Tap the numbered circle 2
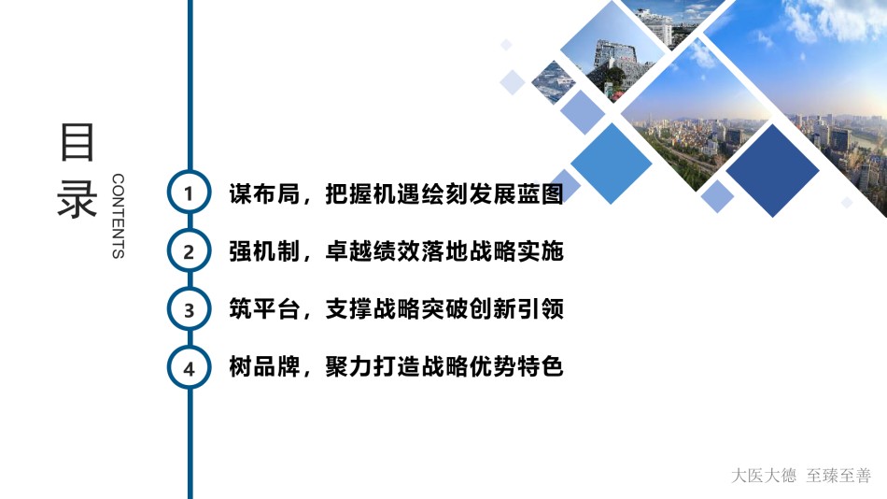pos(189,251)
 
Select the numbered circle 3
pos(189,309)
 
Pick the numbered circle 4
pos(189,367)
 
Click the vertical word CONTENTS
pos(118,216)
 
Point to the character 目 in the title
pos(77,142)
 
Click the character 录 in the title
pos(77,199)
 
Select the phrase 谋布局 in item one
pos(264,193)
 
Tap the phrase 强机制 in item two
pos(264,251)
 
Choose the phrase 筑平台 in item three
pos(264,309)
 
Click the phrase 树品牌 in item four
pos(264,367)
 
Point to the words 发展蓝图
pos(516,193)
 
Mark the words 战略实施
pos(516,251)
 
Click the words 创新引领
pos(516,309)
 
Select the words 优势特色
pos(516,367)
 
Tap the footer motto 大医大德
pos(764,476)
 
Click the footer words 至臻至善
pos(839,476)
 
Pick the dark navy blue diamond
pos(772,170)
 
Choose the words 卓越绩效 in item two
pos(373,251)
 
